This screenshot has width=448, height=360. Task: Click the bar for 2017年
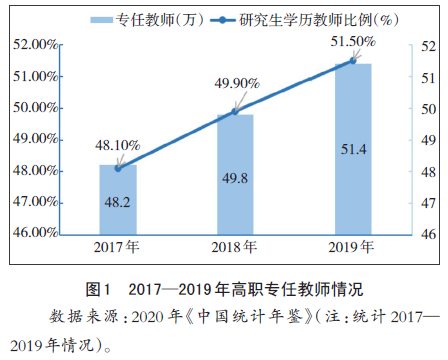coord(118,200)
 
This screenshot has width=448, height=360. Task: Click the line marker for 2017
coord(118,168)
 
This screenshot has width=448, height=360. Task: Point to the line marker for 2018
coord(235,111)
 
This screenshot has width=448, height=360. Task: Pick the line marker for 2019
coord(352,61)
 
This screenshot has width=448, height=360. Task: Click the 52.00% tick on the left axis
coord(32,45)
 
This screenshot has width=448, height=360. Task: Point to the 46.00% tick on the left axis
coord(32,233)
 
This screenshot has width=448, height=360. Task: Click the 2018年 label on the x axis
coord(235,247)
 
